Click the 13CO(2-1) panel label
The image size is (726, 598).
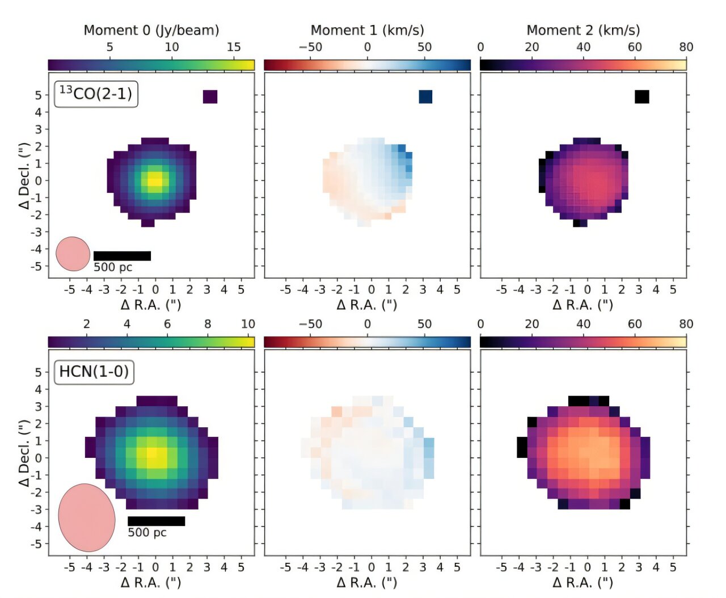pos(96,94)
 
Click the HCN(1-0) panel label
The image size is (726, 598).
pos(94,372)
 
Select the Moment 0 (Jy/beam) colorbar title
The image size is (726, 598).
pos(151,30)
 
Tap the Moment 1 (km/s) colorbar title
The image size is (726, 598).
pos(367,30)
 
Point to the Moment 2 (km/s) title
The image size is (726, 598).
pos(583,30)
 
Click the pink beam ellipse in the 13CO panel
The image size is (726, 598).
pos(73,254)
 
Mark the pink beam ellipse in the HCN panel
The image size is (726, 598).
pos(87,517)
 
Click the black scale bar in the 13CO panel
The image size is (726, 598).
pos(122,256)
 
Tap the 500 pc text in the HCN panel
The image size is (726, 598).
pos(147,533)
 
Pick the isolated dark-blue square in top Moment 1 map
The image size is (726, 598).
pos(425,96)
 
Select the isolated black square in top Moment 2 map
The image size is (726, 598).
pos(641,96)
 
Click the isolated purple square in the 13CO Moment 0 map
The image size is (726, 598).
pos(210,96)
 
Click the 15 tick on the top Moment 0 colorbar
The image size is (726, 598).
pos(234,47)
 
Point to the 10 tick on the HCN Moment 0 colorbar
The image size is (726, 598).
pos(248,324)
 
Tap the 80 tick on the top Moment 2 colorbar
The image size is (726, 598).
pos(686,47)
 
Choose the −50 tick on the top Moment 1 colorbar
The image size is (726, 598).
pos(310,47)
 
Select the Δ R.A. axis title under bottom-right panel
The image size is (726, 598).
pos(583,582)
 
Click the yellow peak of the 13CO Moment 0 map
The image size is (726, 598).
pos(154,180)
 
